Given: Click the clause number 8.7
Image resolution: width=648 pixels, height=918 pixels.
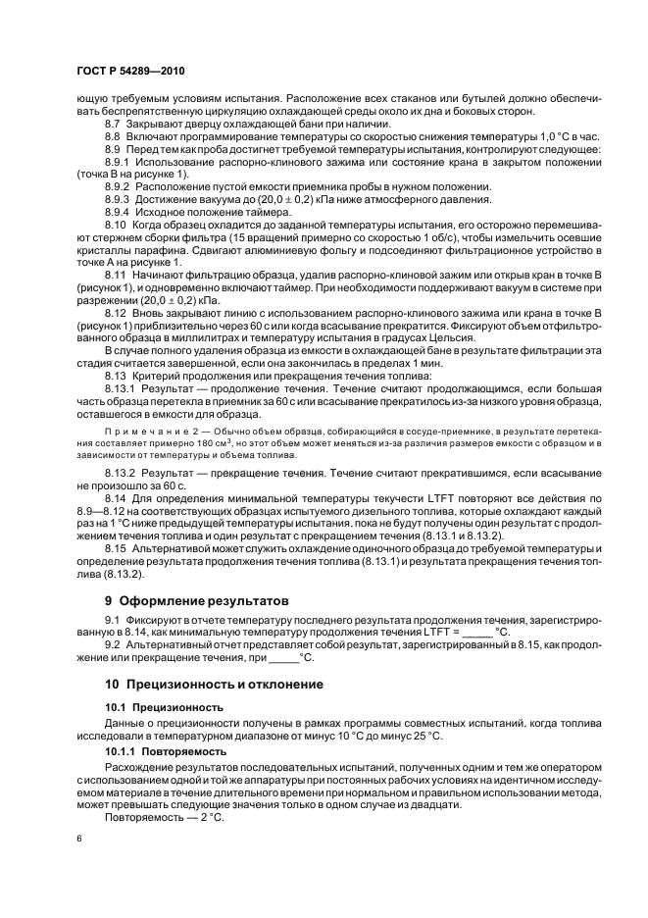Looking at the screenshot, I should click(114, 125).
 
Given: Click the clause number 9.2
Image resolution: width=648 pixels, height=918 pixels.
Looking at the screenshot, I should click(113, 644).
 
